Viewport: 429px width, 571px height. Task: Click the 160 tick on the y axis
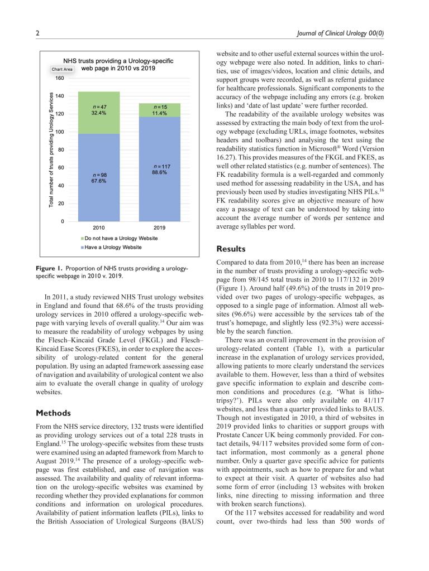click(59, 78)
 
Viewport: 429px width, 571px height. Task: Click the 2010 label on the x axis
click(99, 228)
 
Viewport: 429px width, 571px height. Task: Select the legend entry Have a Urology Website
click(112, 247)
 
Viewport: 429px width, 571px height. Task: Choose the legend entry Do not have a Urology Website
click(120, 238)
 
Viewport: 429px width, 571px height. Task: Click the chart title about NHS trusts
click(118, 64)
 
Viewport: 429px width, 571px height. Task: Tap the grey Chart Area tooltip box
click(62, 69)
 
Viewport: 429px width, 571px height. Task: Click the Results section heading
click(232, 248)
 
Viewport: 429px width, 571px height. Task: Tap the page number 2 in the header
click(37, 34)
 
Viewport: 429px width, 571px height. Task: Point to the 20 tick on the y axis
click(61, 204)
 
